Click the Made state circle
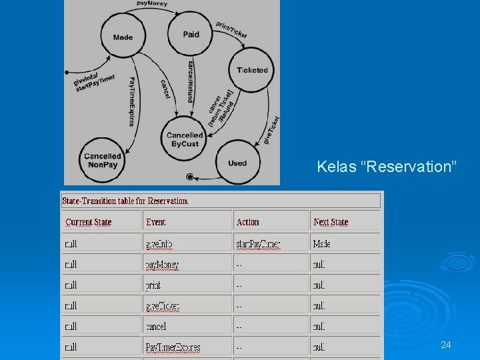(123, 37)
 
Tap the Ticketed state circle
(252, 70)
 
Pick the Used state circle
(237, 163)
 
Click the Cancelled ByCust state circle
(185, 139)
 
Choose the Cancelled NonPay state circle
(103, 161)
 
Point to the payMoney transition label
(152, 3)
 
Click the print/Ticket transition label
(231, 29)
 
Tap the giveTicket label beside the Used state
(271, 130)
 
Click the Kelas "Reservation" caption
(387, 166)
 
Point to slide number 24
(446, 345)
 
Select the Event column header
(156, 222)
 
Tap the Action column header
(247, 222)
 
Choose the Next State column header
(331, 222)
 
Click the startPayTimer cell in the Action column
(258, 244)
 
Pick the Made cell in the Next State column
(321, 244)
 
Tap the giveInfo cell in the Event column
(159, 244)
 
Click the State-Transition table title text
(125, 201)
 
